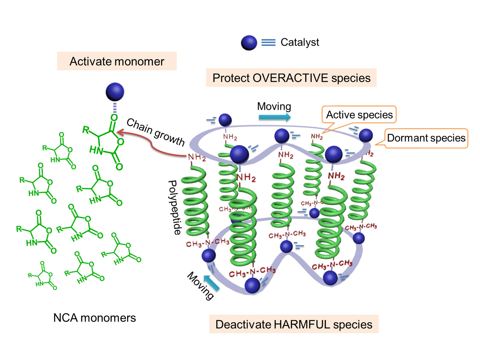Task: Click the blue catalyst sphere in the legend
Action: coord(249,43)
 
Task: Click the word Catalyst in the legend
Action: coord(300,42)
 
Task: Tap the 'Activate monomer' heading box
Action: coord(117,61)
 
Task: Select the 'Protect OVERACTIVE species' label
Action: coord(291,78)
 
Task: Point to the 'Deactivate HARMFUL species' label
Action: coord(294,324)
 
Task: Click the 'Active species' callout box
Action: coord(359,115)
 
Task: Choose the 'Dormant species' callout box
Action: coord(426,138)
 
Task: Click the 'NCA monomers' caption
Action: coord(94,318)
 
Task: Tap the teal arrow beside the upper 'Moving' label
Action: coord(274,117)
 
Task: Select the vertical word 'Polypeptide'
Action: coord(174,207)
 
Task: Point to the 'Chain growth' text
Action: coord(156,132)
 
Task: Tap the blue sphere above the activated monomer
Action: coord(115,92)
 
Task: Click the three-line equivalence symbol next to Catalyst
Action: coord(268,43)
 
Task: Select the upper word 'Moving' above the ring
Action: coord(274,106)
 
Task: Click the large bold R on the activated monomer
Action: coord(86,130)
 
